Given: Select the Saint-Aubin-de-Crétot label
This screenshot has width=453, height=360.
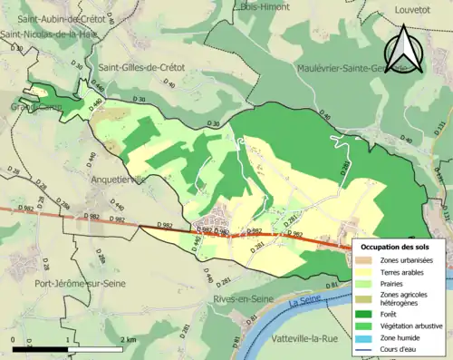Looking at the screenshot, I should click(59, 18).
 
